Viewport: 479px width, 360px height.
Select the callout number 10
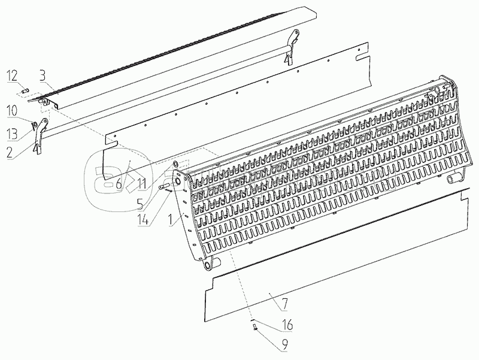13,111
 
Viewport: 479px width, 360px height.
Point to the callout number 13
13,132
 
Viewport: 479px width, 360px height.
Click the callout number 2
10,152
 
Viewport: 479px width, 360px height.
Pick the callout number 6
119,184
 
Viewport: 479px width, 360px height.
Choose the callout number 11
140,184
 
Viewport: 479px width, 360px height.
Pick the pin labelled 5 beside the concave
162,187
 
